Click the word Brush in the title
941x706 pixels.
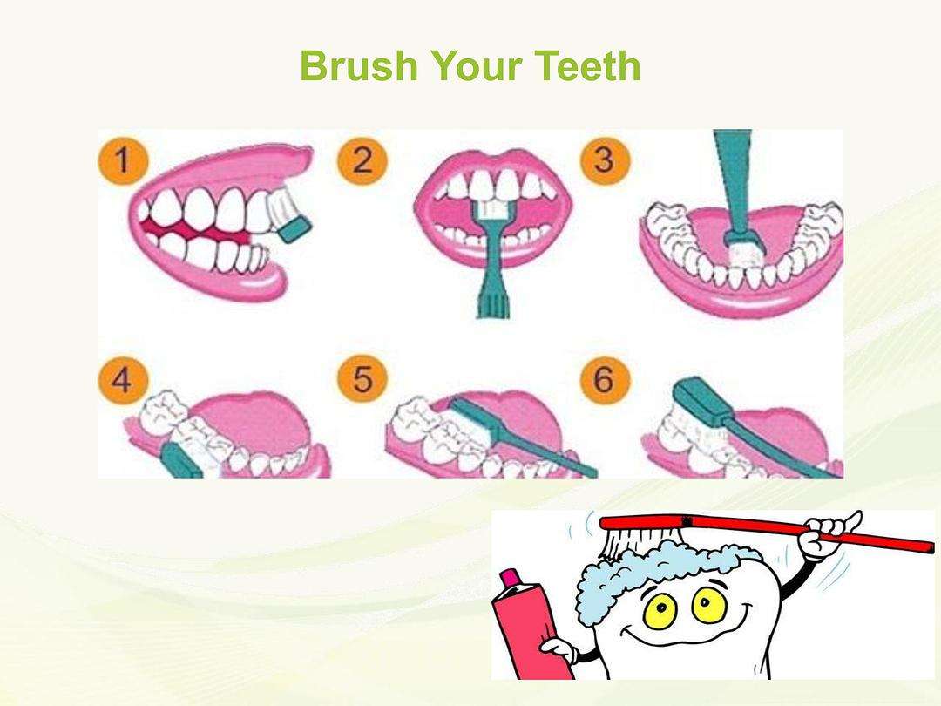[x=358, y=65]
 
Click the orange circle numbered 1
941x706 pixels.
[x=123, y=160]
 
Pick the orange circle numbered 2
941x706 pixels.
[x=362, y=160]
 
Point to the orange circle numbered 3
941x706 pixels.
[x=605, y=160]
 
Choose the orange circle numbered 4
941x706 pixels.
[x=123, y=380]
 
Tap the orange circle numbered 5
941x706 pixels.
[x=362, y=380]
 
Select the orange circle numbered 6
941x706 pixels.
[x=605, y=380]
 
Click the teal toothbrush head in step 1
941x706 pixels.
[x=294, y=230]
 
